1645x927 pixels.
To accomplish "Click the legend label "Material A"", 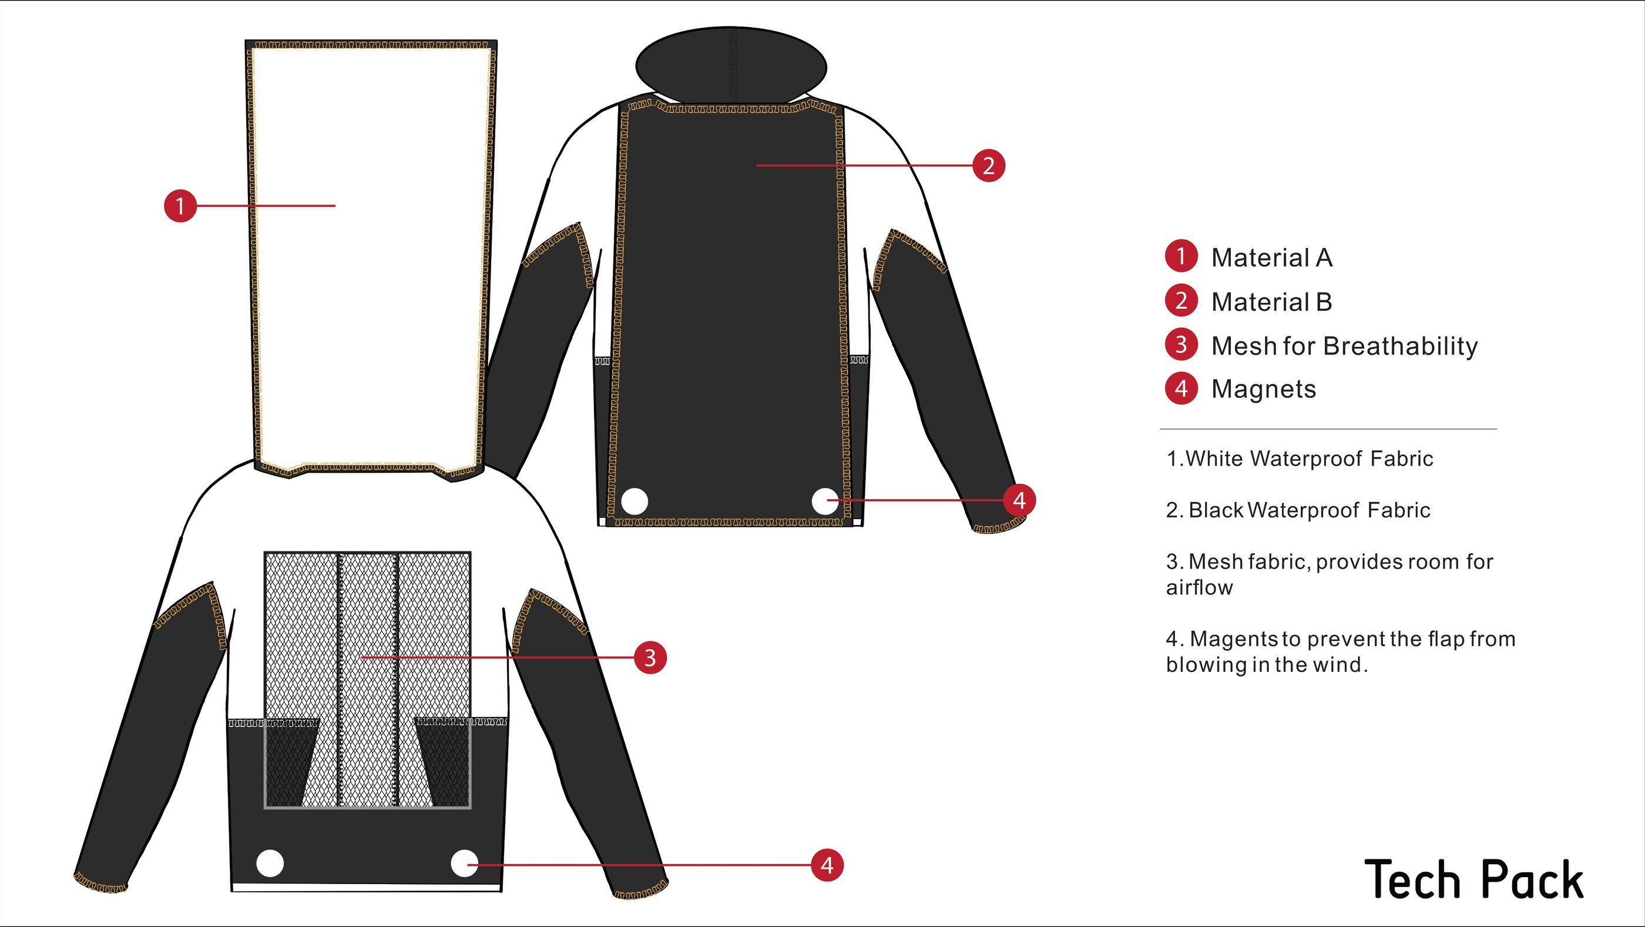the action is click(x=1271, y=258).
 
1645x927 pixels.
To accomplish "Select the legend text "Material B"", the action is click(x=1271, y=302).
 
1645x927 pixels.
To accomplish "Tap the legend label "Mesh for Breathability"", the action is click(x=1344, y=346).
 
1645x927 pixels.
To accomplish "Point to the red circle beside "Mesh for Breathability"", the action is click(x=1181, y=345).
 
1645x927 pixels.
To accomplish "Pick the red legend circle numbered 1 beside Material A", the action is click(x=1181, y=256).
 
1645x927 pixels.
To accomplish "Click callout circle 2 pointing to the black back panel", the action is click(x=989, y=165).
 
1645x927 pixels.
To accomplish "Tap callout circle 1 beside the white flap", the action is click(x=180, y=206).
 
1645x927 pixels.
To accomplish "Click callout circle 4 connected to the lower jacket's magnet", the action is click(x=827, y=866).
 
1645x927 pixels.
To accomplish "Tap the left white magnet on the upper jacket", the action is click(x=634, y=501).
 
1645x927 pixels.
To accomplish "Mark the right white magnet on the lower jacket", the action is click(x=464, y=864).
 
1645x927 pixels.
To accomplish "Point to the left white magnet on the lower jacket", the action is click(x=270, y=864).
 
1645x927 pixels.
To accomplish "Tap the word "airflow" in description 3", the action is click(x=1199, y=588).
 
